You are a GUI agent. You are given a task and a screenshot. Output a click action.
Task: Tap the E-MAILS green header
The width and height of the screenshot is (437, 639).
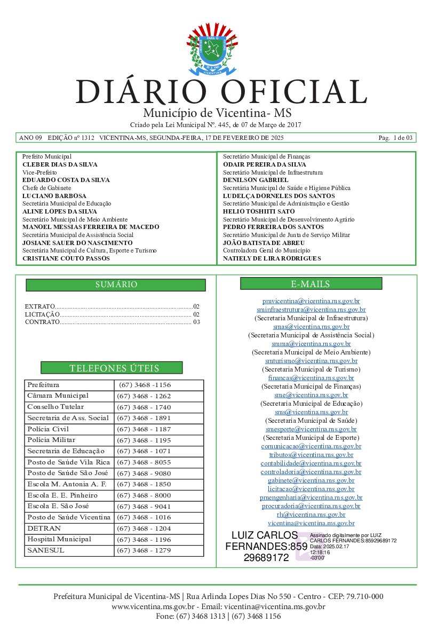point(311,284)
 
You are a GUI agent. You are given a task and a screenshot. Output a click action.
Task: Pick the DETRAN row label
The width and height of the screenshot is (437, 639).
point(44,528)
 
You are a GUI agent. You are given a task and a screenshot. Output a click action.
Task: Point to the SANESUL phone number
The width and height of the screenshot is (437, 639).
point(144,550)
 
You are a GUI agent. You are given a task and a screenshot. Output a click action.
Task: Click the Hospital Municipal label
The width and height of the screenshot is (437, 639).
point(59,539)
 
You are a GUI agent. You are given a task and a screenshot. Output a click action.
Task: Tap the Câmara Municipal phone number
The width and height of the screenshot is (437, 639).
point(144,396)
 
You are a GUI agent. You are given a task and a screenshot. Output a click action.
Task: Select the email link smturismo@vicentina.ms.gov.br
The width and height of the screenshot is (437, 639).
point(311,361)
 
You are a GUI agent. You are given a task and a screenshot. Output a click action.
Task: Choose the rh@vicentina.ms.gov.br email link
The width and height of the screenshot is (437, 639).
point(311,515)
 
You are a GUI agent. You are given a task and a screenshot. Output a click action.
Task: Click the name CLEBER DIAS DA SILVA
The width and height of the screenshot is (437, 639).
point(60,165)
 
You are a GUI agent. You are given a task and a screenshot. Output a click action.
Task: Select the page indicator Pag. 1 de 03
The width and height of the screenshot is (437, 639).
point(395,138)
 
